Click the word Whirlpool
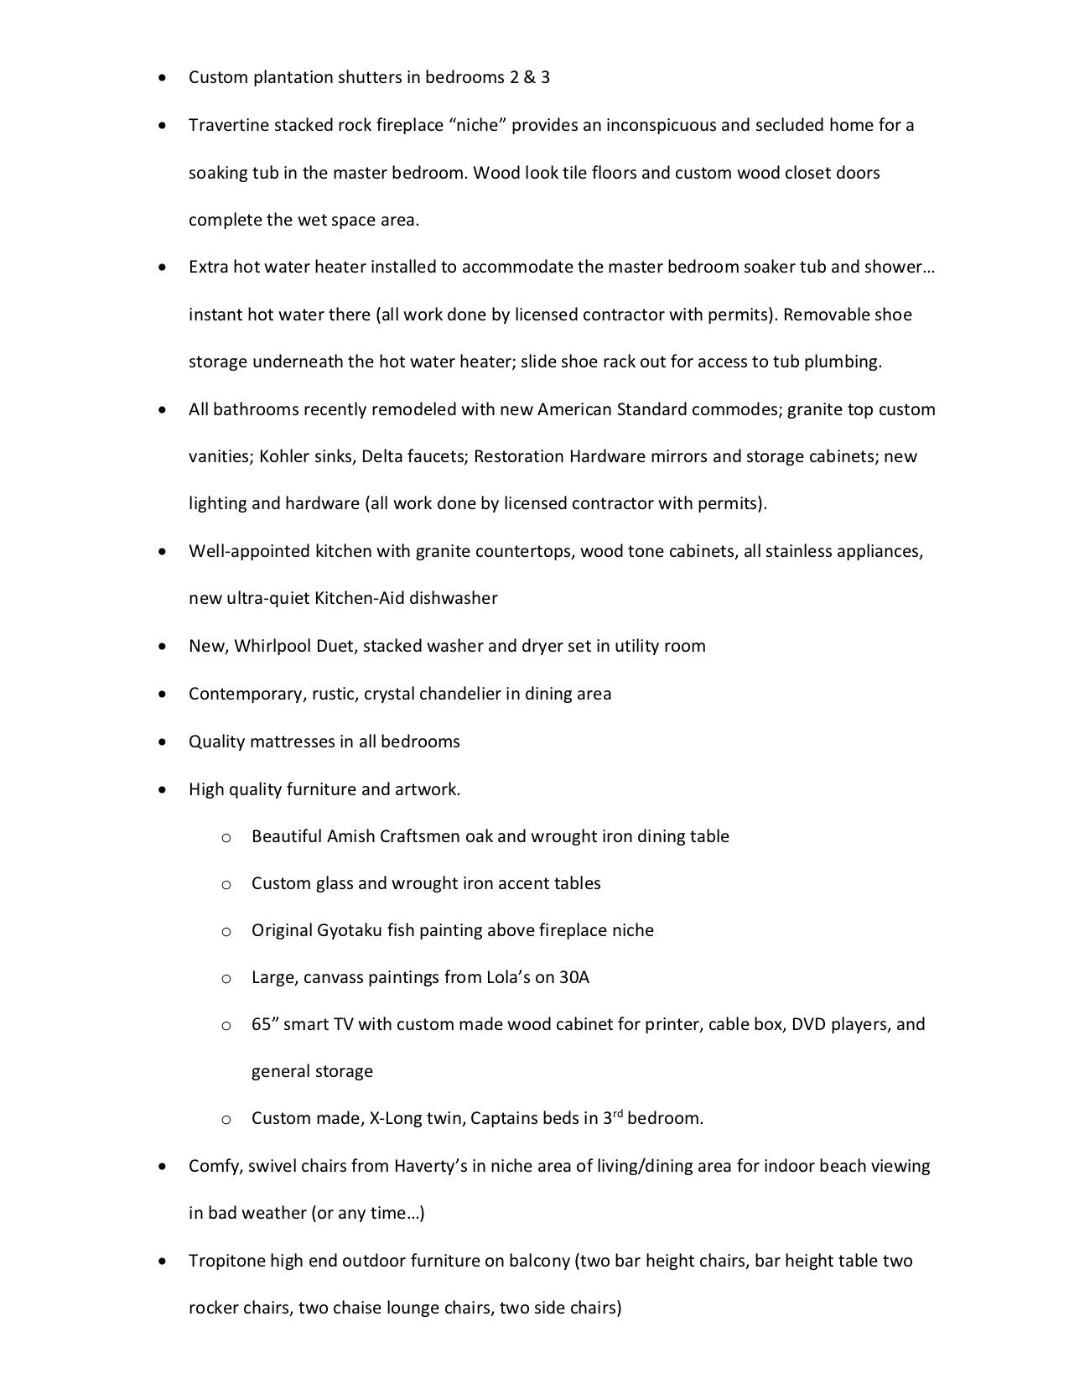pos(272,646)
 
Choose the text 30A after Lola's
pos(574,977)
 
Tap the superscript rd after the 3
pos(617,1114)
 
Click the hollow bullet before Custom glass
pos(226,884)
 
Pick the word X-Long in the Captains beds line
pos(397,1118)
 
